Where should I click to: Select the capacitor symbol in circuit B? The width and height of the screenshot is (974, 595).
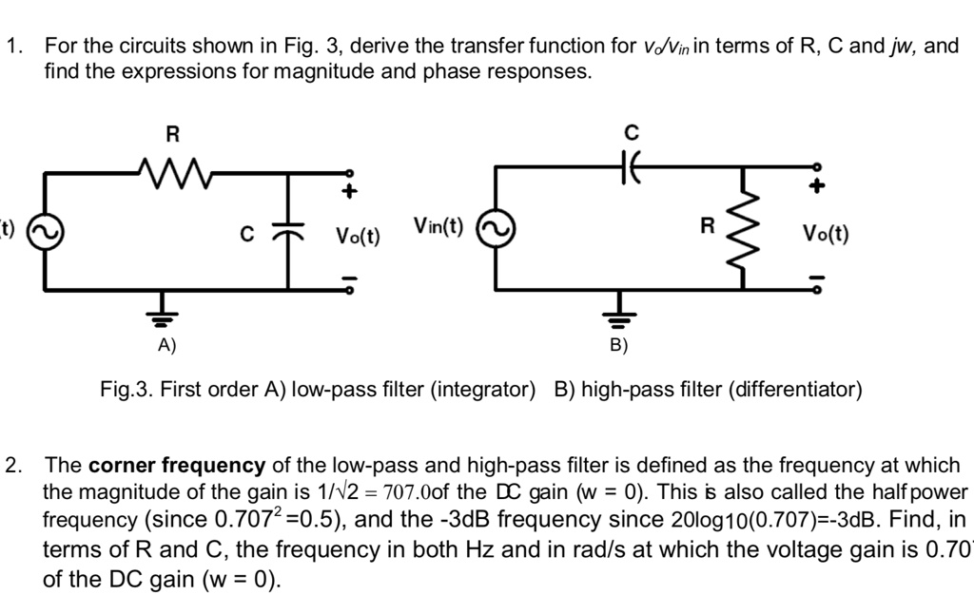point(631,167)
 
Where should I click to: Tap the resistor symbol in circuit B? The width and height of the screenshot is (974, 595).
point(743,228)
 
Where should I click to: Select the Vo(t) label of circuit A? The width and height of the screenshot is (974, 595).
point(356,235)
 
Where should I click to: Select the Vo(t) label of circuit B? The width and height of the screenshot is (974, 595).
point(825,233)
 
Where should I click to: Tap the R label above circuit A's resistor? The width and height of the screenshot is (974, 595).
point(172,133)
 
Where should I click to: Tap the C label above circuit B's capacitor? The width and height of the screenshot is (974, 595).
point(631,131)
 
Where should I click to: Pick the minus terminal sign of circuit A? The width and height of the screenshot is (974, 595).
point(349,279)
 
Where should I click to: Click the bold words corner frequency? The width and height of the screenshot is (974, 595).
point(177,466)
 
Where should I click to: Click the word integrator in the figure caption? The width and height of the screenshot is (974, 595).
point(483,390)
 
